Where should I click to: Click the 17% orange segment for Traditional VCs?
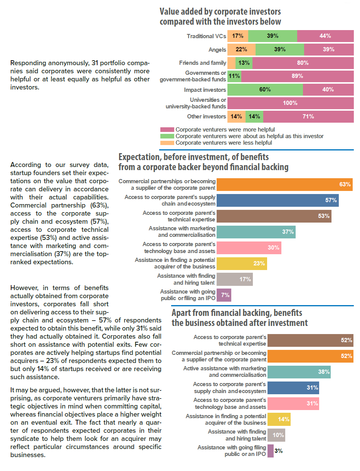coord(237,36)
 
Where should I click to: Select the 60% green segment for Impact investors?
coord(265,89)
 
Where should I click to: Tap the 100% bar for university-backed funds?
coord(290,103)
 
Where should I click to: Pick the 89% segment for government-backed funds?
coord(297,76)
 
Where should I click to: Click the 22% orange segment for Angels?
coord(241,49)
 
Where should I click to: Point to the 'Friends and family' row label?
coord(203,63)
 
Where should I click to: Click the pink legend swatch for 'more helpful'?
coord(167,130)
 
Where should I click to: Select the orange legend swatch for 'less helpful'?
coord(167,143)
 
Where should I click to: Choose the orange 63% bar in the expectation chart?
coord(284,184)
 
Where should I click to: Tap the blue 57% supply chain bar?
coord(278,200)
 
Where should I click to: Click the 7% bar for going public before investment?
coord(224,295)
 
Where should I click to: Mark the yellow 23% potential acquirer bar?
coord(242,263)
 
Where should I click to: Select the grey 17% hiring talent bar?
coord(234,279)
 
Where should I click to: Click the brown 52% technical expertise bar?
coord(310,340)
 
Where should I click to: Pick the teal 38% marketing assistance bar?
coord(299,372)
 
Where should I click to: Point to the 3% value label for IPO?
coord(278,451)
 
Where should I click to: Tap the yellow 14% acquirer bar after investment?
coord(279,419)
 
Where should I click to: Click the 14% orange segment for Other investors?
coord(236,116)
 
